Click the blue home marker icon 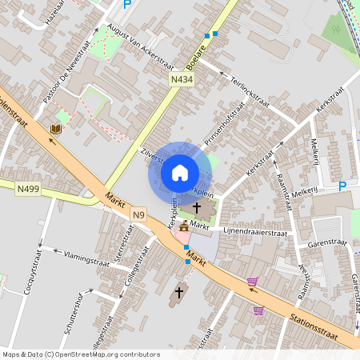click(180, 172)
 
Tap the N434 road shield click(182, 80)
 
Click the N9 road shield click(140, 214)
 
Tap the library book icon click(56, 130)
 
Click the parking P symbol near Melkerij click(342, 186)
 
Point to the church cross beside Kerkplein click(196, 207)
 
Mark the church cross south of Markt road click(179, 292)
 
